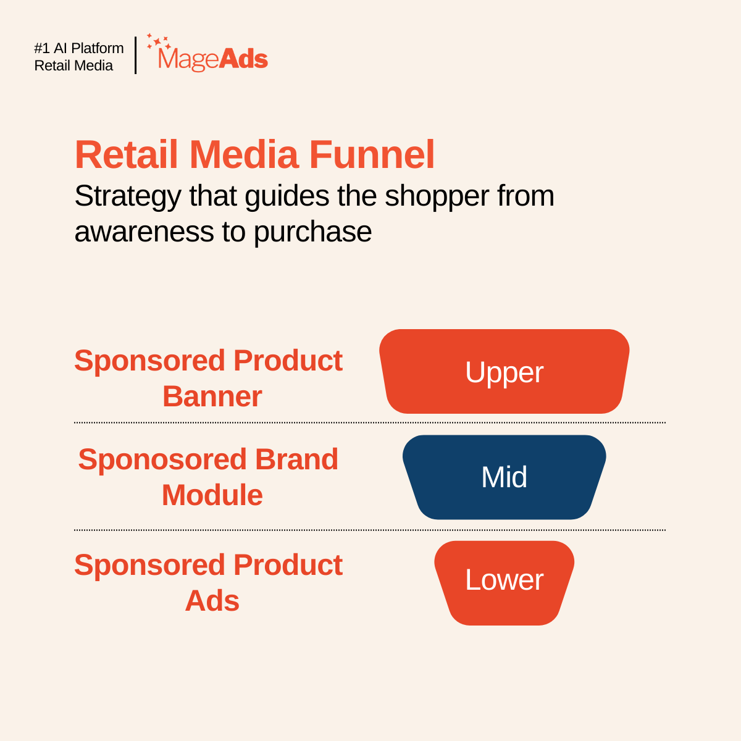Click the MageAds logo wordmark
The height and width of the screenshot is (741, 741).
coord(213,59)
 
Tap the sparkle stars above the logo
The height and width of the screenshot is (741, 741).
coord(159,41)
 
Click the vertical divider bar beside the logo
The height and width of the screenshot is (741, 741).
coord(135,55)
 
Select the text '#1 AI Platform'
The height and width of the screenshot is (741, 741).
coord(79,48)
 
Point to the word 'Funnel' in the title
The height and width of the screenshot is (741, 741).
coord(372,154)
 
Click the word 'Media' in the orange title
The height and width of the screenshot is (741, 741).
coord(244,154)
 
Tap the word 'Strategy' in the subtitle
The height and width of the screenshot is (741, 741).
coord(128,197)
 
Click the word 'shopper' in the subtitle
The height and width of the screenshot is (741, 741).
coord(437,197)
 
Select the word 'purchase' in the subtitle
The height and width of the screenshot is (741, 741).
coord(312,233)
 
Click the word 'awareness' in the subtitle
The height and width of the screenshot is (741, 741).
coord(144,232)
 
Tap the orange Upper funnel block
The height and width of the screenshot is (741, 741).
coord(504,372)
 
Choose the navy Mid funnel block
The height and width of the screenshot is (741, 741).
coord(504,477)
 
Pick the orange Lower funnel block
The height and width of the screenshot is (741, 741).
coord(504,583)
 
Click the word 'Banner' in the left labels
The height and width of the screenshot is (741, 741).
coord(212,396)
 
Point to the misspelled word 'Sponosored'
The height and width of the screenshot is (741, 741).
coord(162,459)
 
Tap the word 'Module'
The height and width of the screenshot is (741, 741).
coord(212,495)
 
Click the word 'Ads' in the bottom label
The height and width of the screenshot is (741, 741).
coord(212,601)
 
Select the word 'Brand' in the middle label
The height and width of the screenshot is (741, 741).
coord(297,459)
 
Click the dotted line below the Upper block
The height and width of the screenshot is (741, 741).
coord(370,422)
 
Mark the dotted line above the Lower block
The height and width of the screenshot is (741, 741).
coord(370,530)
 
